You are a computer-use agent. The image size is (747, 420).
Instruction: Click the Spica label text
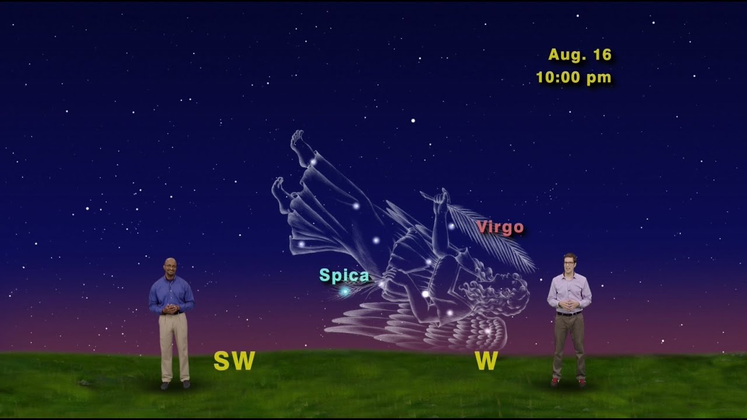pos(344,275)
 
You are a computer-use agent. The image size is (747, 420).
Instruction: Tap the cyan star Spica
pos(345,290)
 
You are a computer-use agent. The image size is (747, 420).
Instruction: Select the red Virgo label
pos(500,227)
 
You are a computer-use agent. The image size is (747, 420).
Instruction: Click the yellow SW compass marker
pos(234,361)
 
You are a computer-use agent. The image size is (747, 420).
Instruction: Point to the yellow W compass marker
pos(486,361)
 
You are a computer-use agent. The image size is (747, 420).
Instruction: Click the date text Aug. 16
pos(580,55)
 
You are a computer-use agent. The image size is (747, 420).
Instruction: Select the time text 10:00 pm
pos(574,78)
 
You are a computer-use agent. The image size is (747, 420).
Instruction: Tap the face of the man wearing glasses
pos(570,264)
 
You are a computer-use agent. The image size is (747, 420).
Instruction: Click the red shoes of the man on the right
pos(567,382)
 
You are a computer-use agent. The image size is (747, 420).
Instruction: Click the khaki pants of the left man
pos(174,344)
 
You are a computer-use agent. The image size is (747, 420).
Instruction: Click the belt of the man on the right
pos(569,313)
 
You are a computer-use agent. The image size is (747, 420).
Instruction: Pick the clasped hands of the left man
pos(170,309)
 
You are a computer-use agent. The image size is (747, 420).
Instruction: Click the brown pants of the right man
pos(568,344)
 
